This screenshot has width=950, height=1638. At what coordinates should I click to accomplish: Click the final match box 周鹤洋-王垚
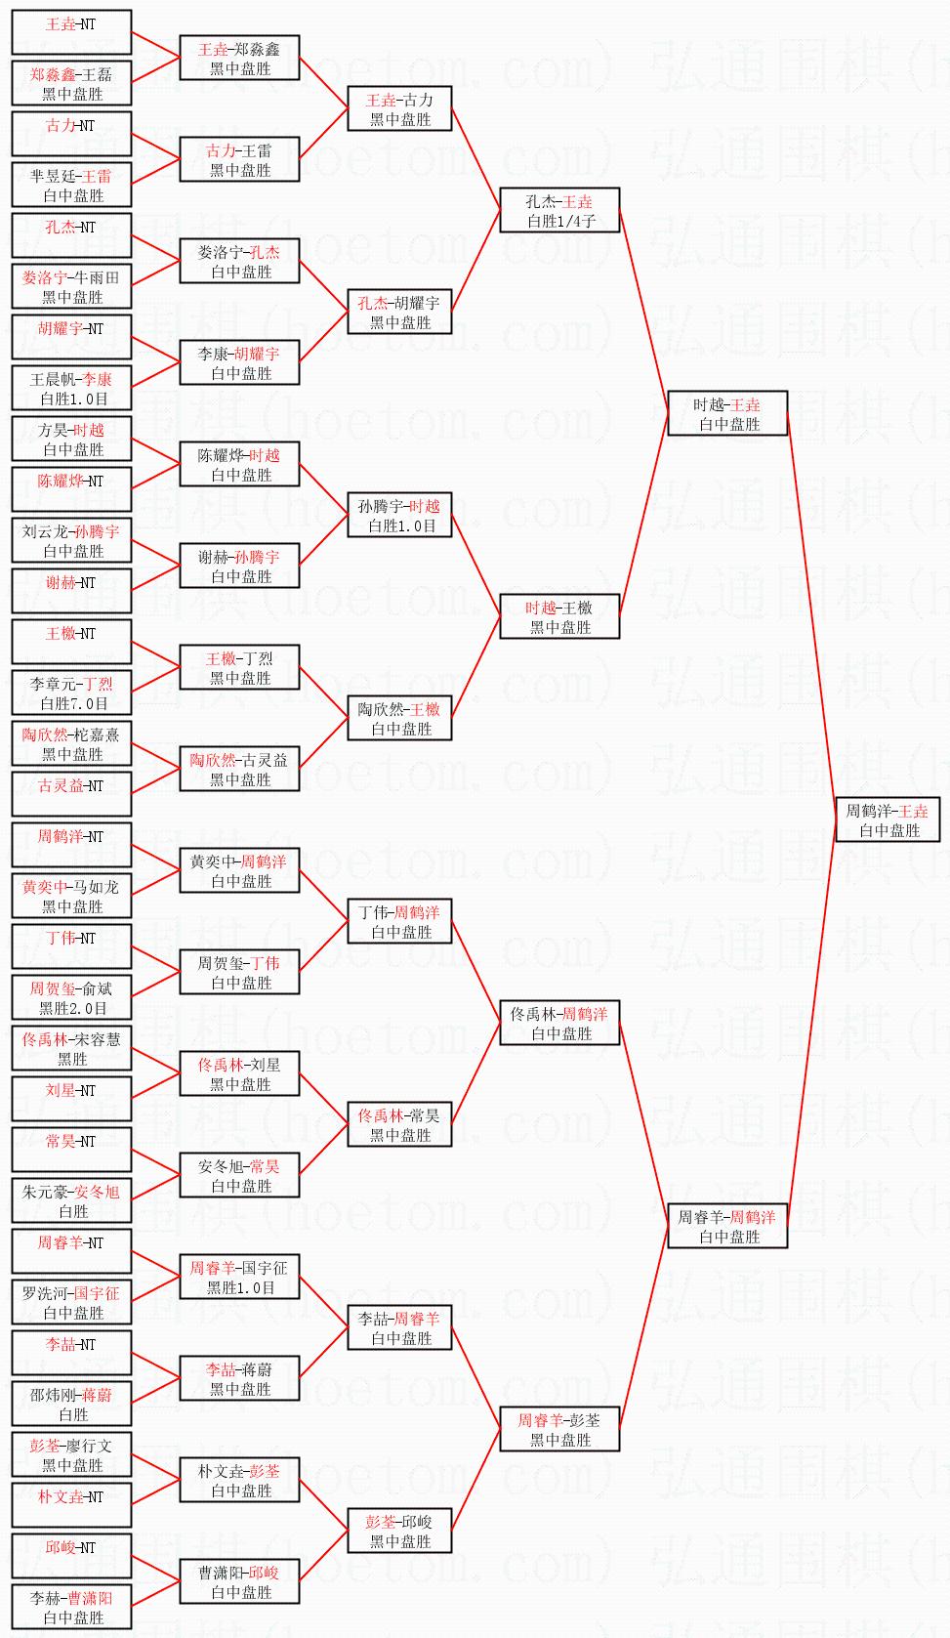pos(888,819)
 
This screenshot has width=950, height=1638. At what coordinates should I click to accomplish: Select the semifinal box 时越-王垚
pos(727,413)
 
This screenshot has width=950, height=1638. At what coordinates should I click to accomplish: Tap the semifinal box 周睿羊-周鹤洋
pos(727,1226)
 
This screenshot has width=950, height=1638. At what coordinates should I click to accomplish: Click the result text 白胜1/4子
pos(560,222)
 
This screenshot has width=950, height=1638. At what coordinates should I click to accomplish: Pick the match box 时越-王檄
pos(559,616)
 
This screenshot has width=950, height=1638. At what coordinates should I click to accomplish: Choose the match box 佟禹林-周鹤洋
pos(559,1023)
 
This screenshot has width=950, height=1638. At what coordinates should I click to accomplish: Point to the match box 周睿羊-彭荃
pos(559,1429)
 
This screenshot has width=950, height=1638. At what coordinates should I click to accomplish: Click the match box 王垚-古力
pos(399,108)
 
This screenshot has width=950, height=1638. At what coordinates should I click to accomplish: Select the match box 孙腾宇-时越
pos(399,515)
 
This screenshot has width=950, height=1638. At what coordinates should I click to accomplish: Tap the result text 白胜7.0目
pos(73,703)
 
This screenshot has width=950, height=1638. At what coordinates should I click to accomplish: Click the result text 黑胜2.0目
pos(73,1008)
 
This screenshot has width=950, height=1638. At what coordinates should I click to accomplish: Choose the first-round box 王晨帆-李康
pos(71,388)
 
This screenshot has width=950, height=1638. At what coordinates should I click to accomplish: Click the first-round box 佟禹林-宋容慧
pos(71,1048)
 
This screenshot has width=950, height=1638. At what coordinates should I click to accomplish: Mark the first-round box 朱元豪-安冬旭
pos(71,1200)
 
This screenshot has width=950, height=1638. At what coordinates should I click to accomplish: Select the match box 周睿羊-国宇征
pos(239,1277)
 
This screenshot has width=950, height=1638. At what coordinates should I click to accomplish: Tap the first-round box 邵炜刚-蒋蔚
pos(71,1404)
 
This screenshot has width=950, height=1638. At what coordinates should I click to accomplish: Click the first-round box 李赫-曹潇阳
pos(71,1607)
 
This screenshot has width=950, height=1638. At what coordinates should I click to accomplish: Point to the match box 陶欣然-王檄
pos(399,718)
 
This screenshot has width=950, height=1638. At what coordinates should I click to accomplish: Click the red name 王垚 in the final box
pos(914,811)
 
